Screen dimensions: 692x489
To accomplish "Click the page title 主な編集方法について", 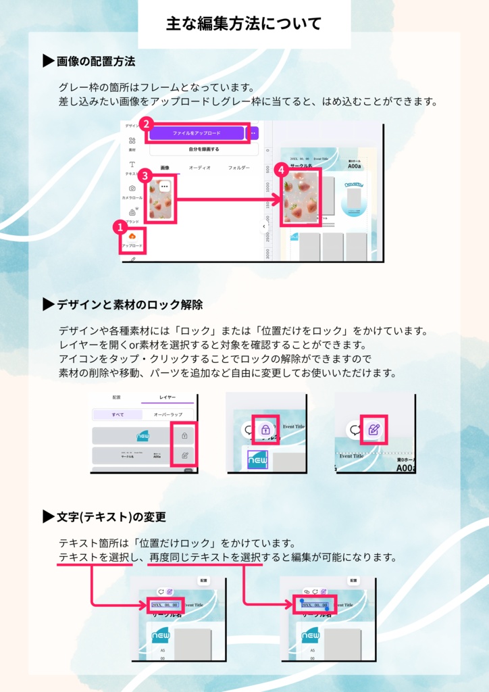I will [244, 24].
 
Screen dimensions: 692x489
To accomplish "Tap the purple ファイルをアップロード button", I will [196, 133].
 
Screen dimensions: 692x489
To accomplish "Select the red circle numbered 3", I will [144, 174].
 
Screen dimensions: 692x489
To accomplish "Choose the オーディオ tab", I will [200, 167].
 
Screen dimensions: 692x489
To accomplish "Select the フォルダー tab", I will [238, 167].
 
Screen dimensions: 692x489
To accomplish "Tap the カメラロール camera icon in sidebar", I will [132, 189].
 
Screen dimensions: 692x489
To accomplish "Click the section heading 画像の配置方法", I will [95, 61].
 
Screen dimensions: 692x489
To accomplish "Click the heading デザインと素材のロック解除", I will [129, 305].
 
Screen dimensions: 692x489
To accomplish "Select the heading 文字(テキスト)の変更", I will [111, 517].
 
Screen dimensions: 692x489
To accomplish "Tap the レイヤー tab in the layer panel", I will [167, 399].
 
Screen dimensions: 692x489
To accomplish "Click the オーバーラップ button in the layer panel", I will [167, 414].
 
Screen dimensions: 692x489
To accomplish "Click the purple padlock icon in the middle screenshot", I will [265, 430].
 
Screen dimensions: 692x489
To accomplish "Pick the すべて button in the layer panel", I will [117, 414].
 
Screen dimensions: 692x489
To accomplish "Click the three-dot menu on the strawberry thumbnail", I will [164, 185].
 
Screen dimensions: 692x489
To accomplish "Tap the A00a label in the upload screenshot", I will [356, 166].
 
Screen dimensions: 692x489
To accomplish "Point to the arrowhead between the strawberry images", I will [274, 199].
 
